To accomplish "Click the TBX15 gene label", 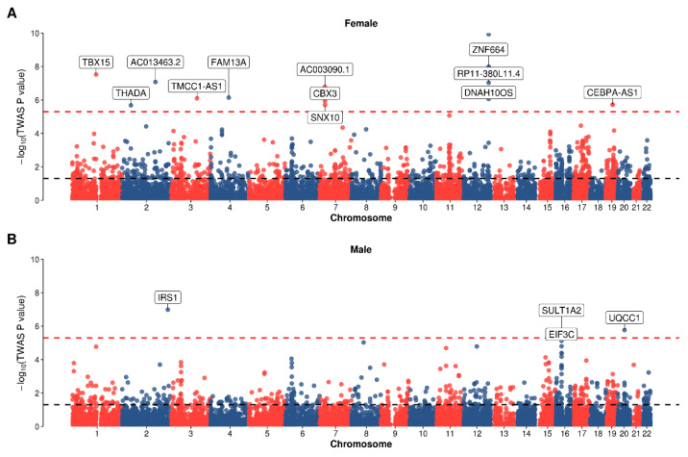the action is pos(96,62).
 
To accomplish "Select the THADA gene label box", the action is pos(131,93).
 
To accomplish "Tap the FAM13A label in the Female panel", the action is pos(228,62).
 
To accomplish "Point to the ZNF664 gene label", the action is pos(488,49).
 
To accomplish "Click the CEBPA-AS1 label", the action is pos(612,92).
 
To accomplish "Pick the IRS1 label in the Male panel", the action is pos(167,297).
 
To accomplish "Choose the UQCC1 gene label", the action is pos(625,317).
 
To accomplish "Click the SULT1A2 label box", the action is pos(561,310).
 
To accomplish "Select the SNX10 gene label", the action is pos(325,117).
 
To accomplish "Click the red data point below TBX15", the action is pos(96,74).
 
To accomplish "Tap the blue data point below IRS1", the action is pos(167,310).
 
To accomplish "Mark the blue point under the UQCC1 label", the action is pos(625,330).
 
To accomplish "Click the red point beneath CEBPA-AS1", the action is pos(612,104).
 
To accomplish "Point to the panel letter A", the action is pos(12,13).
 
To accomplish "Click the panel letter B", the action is pos(12,239).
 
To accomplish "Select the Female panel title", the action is pos(361,23).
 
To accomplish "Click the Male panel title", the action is pos(361,249).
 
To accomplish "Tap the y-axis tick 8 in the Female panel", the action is pos(37,66).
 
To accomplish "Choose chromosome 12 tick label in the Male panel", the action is pos(478,434).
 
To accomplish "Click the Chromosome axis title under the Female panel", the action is pos(361,218).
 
